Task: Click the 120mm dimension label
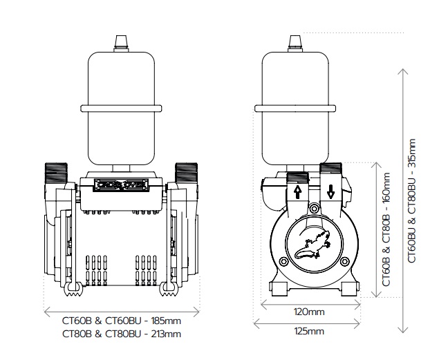pos(309,312)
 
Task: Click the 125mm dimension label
pos(309,332)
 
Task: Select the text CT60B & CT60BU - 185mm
pos(122,321)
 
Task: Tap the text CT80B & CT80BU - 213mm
pos(122,334)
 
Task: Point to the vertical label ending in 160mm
pos(386,229)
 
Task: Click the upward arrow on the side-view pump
pos(297,192)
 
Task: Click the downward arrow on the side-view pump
pos(330,192)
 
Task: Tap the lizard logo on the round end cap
pos(312,247)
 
